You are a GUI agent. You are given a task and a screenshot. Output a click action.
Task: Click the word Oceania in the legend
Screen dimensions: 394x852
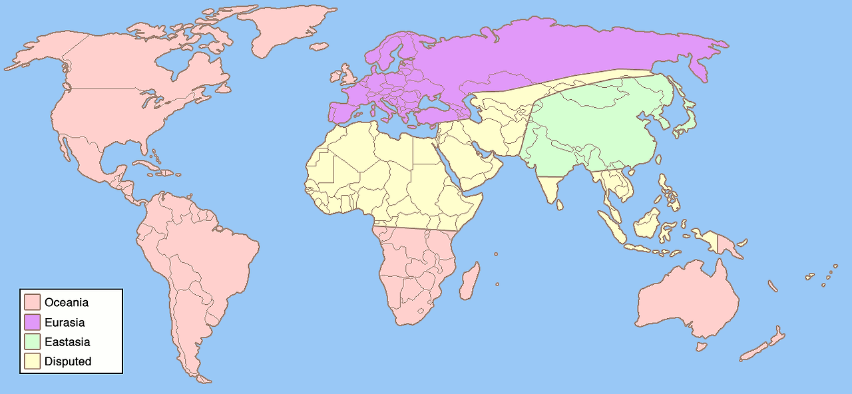coord(67,302)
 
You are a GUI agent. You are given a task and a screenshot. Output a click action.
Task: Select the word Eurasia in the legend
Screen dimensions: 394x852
coord(65,322)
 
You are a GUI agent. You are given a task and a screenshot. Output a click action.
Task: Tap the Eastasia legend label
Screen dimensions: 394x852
coord(67,342)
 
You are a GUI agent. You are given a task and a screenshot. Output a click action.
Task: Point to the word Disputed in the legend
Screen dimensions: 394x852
coord(68,362)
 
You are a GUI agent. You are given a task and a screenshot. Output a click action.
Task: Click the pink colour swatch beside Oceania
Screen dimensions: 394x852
coord(32,302)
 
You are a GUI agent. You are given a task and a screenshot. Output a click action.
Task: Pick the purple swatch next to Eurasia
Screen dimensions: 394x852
coord(32,322)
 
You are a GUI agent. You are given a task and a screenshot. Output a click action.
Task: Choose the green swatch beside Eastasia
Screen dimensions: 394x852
coord(32,342)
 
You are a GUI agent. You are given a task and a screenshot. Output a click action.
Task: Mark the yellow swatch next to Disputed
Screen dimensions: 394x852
coord(32,362)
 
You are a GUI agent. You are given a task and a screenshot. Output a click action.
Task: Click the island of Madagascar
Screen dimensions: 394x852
coord(469,280)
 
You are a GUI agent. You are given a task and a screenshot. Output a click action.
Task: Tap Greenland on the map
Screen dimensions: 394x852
coord(290,30)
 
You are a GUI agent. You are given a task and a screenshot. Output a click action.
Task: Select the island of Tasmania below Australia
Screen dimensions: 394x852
coord(701,347)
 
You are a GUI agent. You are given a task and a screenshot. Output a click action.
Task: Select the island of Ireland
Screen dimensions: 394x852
coord(333,76)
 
